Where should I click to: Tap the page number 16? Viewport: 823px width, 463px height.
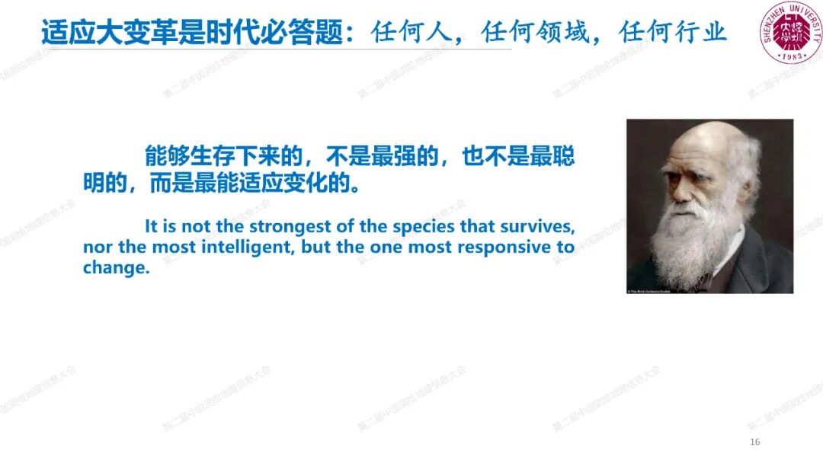click(755, 442)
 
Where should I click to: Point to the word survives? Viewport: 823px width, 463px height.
click(537, 227)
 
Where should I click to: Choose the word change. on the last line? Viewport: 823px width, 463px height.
click(114, 269)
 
